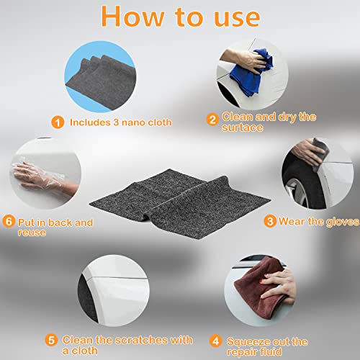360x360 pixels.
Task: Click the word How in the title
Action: coord(132,17)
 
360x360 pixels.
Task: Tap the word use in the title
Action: coord(237,18)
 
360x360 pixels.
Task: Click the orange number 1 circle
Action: coord(58,122)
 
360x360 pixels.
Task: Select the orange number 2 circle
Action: coord(212,120)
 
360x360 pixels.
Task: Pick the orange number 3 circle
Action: coord(270,221)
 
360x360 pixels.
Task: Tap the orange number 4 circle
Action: coord(215,341)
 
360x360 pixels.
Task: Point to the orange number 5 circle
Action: coord(51,340)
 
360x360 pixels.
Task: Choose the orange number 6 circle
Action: coord(9,221)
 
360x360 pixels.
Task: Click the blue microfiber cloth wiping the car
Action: coord(251,72)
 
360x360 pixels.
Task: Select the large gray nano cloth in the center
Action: coord(180,204)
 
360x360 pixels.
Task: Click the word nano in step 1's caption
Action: coord(133,122)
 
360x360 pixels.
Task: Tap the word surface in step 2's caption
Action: coord(243,127)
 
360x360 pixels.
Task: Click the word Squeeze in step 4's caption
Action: coord(248,341)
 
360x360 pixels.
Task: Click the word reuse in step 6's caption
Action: coord(32,233)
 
